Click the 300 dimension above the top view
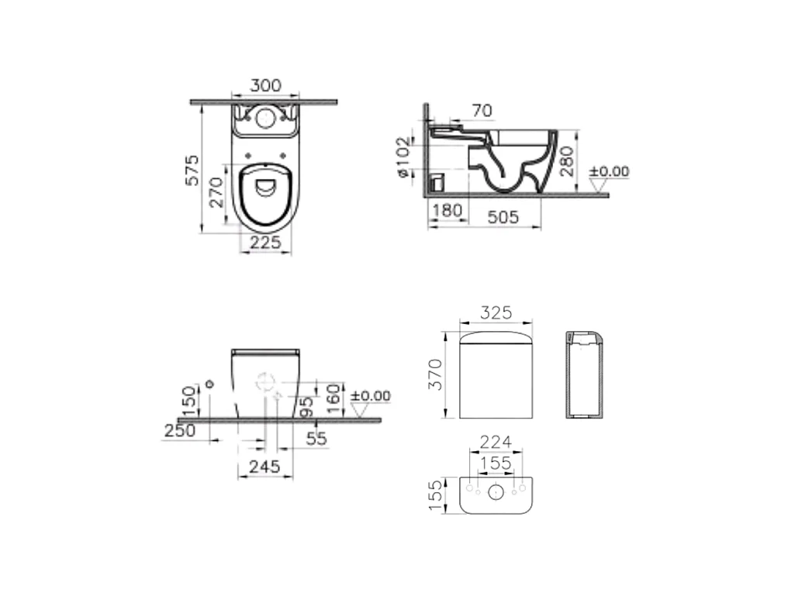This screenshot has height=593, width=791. (265, 85)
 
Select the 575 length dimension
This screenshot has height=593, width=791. (192, 171)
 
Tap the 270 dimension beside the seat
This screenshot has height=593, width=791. (216, 192)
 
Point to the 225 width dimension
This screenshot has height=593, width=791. (265, 243)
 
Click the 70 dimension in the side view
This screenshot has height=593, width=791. (482, 110)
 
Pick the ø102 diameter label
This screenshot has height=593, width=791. (403, 157)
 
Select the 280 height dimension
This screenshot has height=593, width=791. (567, 161)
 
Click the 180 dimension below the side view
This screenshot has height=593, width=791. (447, 210)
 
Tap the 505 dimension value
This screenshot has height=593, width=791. (503, 217)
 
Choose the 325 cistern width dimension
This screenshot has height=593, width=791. (496, 312)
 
